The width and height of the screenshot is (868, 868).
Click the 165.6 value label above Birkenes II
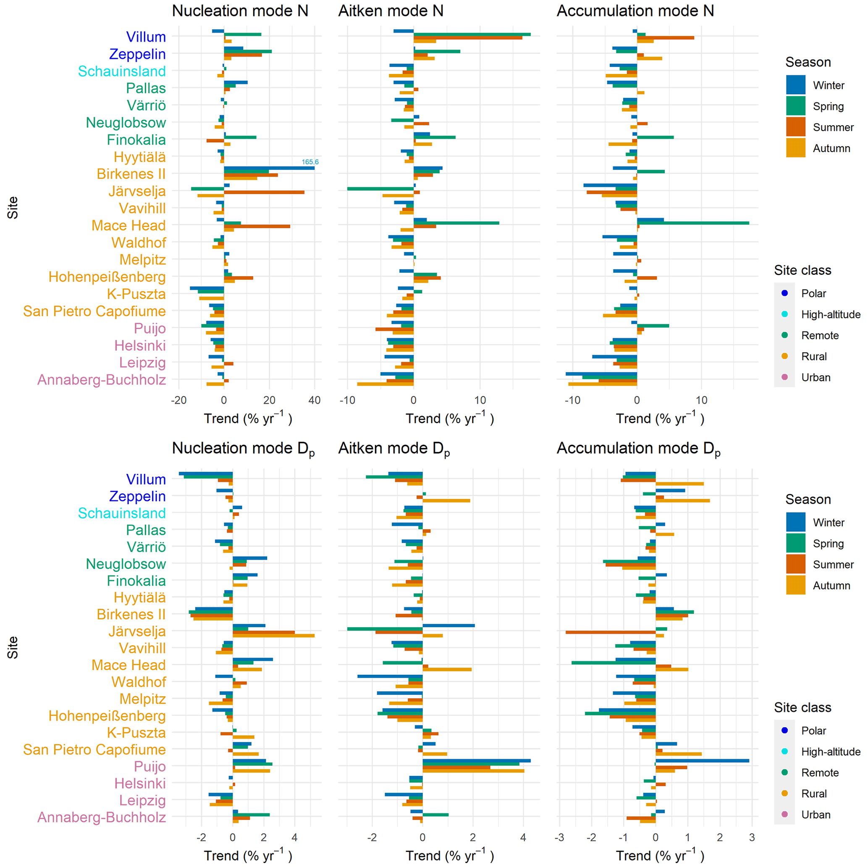click(x=310, y=162)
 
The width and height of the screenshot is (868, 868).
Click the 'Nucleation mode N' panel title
click(x=240, y=11)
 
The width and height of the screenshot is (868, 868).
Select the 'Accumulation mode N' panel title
click(x=635, y=11)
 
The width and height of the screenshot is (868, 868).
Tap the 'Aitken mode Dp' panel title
click(x=393, y=449)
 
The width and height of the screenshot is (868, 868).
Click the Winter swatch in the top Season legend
click(x=796, y=85)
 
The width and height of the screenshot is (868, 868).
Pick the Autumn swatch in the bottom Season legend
click(x=796, y=585)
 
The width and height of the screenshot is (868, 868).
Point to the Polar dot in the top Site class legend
click(x=785, y=294)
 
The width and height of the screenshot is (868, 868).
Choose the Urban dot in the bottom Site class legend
click(x=785, y=814)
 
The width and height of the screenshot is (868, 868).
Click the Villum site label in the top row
click(x=146, y=37)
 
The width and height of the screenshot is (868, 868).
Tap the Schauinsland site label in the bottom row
click(x=122, y=513)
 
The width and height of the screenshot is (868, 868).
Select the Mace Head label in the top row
click(x=128, y=225)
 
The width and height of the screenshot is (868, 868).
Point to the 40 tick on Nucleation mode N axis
click(x=315, y=400)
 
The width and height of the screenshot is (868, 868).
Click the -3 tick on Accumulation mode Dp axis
click(x=559, y=837)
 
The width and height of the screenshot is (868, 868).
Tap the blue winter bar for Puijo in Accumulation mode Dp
click(x=702, y=760)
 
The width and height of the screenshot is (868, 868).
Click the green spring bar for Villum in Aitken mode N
click(x=472, y=34)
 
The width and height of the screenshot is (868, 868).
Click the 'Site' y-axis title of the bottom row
click(x=13, y=648)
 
